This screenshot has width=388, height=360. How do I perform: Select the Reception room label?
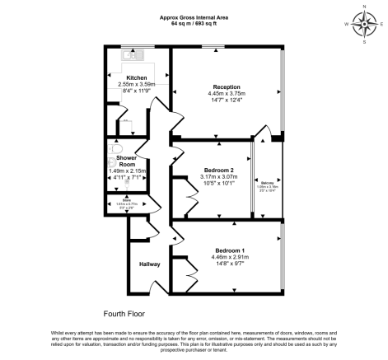click(227, 86)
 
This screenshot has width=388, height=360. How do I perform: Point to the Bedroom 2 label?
click(219, 171)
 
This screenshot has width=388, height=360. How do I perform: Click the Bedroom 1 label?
click(230, 250)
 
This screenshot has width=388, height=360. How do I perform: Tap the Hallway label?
click(149, 264)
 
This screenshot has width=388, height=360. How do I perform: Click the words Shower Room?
click(126, 161)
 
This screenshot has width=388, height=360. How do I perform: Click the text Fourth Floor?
click(124, 314)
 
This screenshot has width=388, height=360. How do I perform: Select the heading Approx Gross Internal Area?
click(194, 16)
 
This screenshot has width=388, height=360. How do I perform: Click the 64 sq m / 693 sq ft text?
click(194, 23)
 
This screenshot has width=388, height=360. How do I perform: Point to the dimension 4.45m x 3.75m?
click(227, 93)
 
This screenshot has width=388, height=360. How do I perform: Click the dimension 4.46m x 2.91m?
click(230, 257)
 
